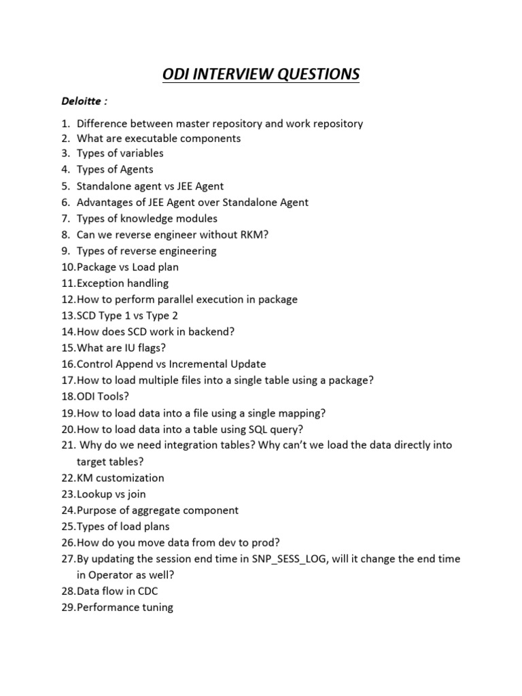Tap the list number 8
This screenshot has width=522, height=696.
[x=66, y=234]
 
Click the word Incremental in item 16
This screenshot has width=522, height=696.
[x=201, y=364]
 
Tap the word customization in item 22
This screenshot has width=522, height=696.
[x=130, y=478]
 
